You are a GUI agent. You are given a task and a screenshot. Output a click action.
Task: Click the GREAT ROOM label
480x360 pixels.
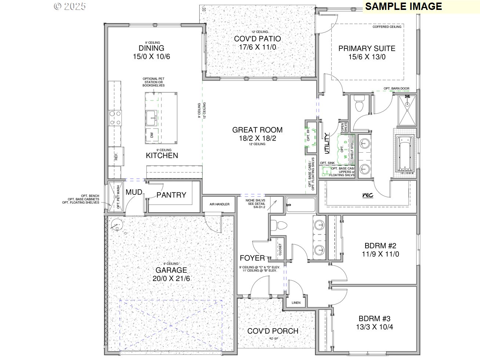click(x=257, y=130)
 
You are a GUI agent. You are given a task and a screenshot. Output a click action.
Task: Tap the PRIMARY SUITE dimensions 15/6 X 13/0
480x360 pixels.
click(x=367, y=57)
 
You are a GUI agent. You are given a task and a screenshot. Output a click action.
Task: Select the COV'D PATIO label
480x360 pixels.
click(x=257, y=39)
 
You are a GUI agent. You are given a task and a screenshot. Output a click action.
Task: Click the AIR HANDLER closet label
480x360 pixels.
click(x=219, y=204)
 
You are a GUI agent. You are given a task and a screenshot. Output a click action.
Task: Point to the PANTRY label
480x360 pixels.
click(x=171, y=195)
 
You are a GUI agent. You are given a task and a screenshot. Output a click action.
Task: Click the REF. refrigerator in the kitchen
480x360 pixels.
click(x=116, y=157)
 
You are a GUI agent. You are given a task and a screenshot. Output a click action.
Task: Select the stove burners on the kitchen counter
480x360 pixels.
click(x=115, y=118)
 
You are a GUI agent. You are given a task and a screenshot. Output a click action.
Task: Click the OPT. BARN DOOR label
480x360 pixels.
click(x=396, y=88)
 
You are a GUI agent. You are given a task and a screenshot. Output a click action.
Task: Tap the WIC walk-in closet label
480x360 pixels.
click(x=367, y=195)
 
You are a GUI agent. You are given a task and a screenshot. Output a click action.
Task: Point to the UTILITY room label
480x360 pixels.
click(x=326, y=143)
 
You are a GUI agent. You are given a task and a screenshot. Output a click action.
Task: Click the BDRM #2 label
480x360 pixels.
click(x=380, y=246)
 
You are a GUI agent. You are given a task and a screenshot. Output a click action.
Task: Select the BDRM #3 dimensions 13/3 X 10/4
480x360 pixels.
click(x=374, y=327)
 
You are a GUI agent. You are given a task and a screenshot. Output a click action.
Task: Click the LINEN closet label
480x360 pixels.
click(x=296, y=303)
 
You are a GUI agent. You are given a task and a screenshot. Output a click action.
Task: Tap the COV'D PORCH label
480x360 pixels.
click(x=273, y=331)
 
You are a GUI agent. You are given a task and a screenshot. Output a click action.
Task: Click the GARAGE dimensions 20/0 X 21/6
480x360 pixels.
click(x=171, y=279)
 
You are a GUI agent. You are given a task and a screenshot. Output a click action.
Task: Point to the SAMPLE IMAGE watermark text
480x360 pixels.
click(x=403, y=6)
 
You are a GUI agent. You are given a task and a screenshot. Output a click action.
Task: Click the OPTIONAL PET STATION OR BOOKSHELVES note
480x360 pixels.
click(x=153, y=82)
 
